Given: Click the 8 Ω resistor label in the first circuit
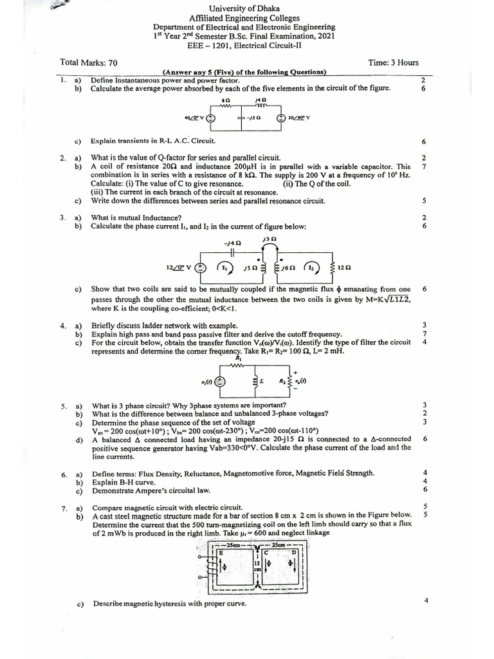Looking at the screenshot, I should [x=225, y=101].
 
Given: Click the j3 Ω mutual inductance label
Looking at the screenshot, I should [x=269, y=239].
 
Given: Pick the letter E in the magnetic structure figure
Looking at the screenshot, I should [x=222, y=552].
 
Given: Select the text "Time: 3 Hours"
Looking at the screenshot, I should [x=393, y=62].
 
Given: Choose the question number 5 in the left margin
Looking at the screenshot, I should [x=64, y=406].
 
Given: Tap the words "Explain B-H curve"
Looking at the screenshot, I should [x=126, y=481].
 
